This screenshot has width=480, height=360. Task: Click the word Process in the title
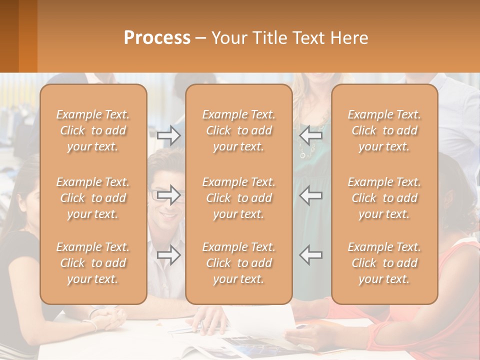point(157,38)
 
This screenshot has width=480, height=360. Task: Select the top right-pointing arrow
point(169,135)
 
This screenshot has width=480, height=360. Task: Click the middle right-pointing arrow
point(169,195)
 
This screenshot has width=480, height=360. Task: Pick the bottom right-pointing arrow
point(169,255)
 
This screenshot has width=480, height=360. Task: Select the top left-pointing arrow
point(311,135)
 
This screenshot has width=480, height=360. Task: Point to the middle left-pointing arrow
point(311,195)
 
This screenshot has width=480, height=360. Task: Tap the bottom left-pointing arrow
point(311,255)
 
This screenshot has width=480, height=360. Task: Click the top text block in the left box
point(93,130)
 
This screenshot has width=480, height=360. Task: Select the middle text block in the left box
point(93,198)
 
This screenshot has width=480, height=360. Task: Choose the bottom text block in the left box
point(93,263)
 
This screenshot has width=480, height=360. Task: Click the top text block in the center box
point(238,130)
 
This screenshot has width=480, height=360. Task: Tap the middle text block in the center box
point(238,198)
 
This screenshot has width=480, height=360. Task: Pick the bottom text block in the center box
point(238,263)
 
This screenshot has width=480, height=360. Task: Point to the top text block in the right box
point(384,130)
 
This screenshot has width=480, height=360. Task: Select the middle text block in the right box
point(384,198)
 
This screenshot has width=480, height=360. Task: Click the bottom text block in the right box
point(384,263)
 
